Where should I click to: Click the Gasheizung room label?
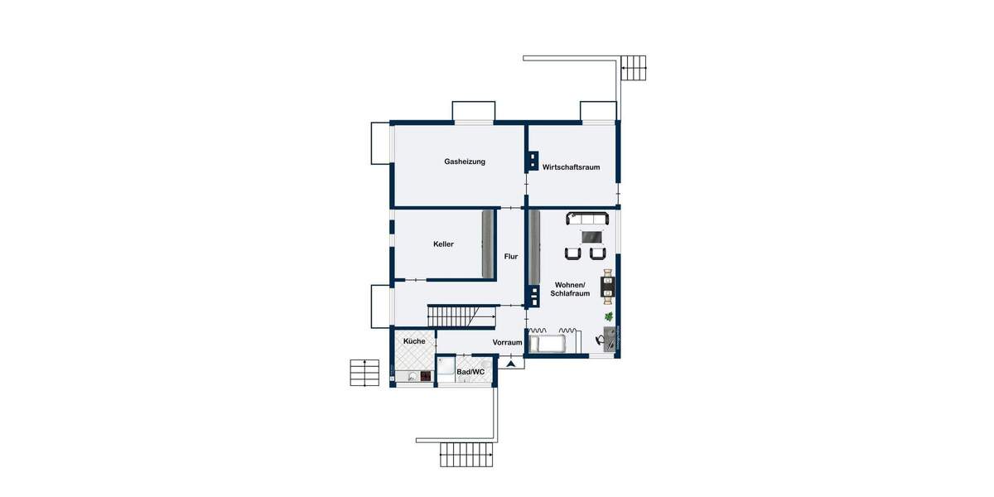coord(464,162)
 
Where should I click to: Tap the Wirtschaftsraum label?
coord(571,167)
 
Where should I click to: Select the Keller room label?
coord(443,244)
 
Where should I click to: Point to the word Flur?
coord(511,257)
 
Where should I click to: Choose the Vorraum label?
coord(507,342)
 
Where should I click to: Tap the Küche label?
coord(414,341)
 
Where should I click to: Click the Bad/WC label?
coord(470,372)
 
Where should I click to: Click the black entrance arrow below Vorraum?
coord(512,363)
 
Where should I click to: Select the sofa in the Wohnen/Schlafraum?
coord(587,219)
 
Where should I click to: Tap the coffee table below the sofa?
coord(592,237)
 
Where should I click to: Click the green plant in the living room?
coord(609,316)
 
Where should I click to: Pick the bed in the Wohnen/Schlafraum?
coord(548,343)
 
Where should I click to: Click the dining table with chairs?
coord(609,283)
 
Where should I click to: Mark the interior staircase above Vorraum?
coord(452,316)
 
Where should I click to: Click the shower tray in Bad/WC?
coord(446,369)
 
